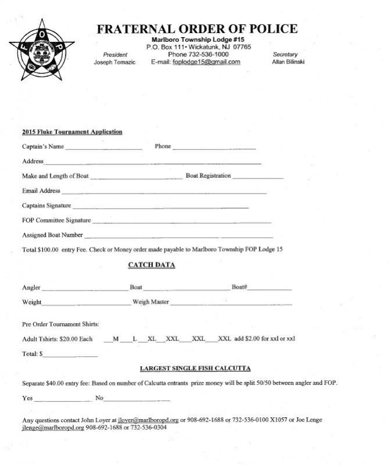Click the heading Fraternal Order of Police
[197, 29]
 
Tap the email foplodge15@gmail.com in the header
[206, 62]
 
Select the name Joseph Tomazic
[115, 63]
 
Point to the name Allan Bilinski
[288, 62]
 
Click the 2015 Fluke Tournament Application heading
[72, 132]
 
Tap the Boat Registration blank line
[258, 178]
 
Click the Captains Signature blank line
[160, 208]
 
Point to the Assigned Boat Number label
[52, 235]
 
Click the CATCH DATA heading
[151, 266]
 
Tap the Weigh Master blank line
[231, 304]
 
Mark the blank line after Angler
[84, 289]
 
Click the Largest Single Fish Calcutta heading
[195, 369]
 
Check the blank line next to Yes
[62, 400]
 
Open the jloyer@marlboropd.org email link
[148, 420]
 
